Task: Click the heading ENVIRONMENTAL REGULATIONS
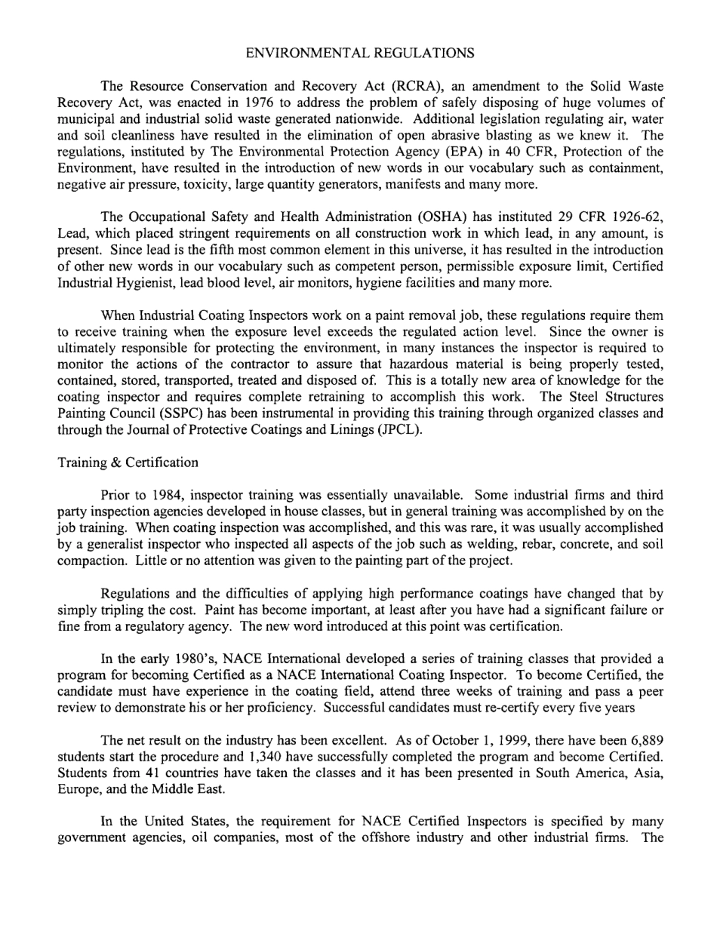360,53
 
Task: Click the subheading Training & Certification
128,462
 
